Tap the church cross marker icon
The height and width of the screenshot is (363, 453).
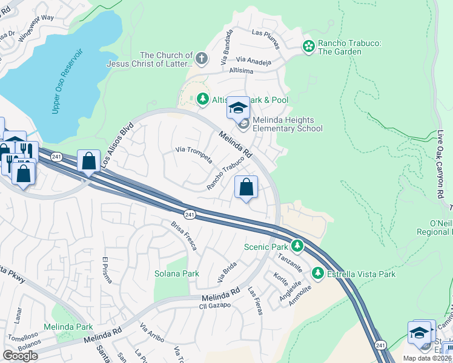point(202,59)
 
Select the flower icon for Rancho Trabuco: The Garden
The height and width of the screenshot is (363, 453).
point(309,46)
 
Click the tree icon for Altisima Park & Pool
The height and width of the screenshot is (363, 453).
point(202,99)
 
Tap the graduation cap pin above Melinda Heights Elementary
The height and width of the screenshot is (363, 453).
point(238,108)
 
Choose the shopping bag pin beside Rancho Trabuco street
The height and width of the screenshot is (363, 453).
point(246,188)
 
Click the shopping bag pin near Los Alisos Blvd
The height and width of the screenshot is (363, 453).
point(89,162)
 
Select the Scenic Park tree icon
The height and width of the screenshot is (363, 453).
point(297,246)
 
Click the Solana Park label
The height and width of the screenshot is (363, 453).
point(176,273)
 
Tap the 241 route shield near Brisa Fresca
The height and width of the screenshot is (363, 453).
point(190,214)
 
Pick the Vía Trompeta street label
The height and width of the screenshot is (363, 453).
point(193,154)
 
